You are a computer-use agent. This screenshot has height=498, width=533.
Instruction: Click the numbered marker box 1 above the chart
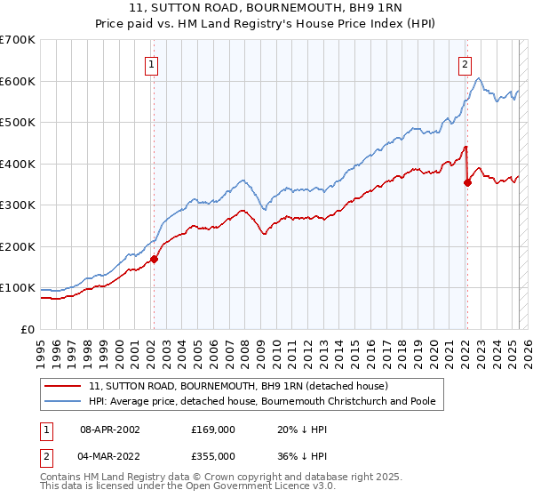point(153,64)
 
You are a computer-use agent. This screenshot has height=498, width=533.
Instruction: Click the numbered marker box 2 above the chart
point(465,64)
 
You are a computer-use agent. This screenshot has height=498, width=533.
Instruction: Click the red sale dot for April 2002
point(154,260)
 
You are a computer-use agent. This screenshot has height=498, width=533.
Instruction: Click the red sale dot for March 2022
point(467,182)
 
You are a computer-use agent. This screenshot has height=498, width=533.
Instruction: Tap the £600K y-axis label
point(18,81)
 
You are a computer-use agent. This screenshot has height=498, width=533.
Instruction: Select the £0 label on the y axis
point(27,330)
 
